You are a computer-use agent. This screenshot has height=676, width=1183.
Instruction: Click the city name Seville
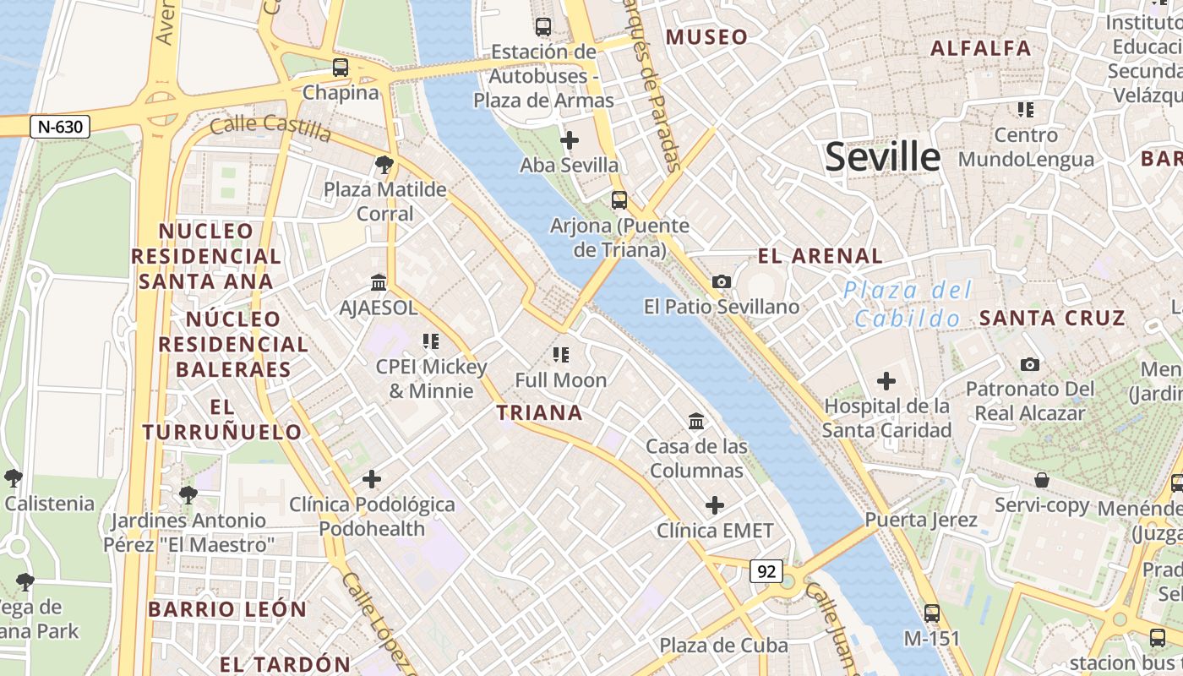click(882, 158)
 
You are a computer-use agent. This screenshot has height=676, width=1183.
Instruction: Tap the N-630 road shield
click(60, 128)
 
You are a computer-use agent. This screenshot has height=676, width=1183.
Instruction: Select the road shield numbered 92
click(766, 572)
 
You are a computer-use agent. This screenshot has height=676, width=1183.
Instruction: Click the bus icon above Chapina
click(341, 68)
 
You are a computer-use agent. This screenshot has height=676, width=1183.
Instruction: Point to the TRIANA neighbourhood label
click(539, 413)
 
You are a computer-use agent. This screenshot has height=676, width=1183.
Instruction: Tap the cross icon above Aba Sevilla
click(570, 139)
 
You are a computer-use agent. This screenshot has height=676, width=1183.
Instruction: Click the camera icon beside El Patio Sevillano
click(722, 281)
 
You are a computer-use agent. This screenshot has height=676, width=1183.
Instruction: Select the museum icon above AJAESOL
click(378, 281)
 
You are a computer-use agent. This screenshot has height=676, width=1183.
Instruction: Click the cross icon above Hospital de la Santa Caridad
click(886, 381)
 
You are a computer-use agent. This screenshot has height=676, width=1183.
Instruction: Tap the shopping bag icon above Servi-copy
click(1042, 480)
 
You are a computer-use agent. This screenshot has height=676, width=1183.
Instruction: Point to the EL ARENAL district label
click(820, 256)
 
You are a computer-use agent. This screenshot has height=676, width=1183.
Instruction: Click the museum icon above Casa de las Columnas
click(696, 420)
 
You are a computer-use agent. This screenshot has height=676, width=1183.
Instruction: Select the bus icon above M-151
click(932, 613)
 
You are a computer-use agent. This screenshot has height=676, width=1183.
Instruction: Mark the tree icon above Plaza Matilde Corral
click(384, 164)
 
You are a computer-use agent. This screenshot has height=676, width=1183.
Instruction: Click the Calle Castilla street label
click(270, 128)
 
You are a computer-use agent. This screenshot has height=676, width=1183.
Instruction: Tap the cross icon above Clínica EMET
click(715, 505)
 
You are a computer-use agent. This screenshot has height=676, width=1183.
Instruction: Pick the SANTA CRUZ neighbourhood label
click(1052, 319)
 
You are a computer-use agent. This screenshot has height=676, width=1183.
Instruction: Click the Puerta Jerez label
click(921, 520)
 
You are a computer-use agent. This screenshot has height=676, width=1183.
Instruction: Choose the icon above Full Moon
click(561, 355)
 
